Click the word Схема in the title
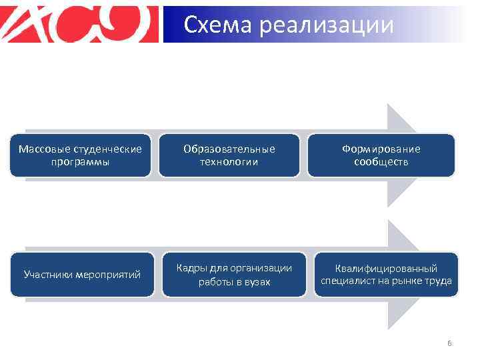(x=218, y=25)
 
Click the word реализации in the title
(x=326, y=26)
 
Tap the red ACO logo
(x=81, y=24)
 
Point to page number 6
(x=449, y=343)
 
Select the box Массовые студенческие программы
(x=80, y=155)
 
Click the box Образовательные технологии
(x=229, y=155)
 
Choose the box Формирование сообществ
(x=381, y=155)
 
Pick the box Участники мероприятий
(x=82, y=274)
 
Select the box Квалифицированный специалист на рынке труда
(x=386, y=274)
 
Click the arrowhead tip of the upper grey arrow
(x=429, y=155)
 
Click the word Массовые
(x=40, y=149)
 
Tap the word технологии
(x=229, y=162)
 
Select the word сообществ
(x=381, y=162)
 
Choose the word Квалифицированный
(x=386, y=268)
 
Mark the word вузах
(x=257, y=282)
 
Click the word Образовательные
(x=229, y=149)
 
